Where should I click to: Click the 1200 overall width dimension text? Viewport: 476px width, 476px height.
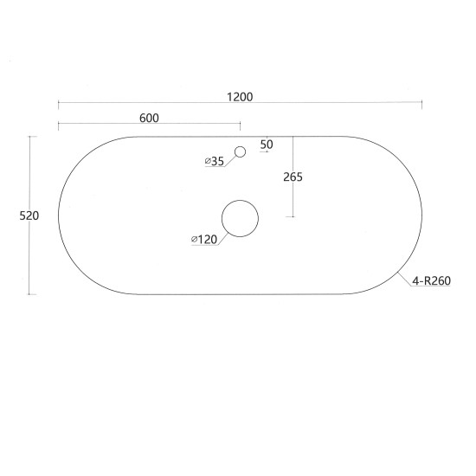(x=241, y=97)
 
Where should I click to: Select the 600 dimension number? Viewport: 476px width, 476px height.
(x=149, y=119)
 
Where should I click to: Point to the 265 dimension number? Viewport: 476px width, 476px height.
(x=293, y=177)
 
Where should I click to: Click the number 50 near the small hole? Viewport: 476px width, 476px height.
(x=266, y=144)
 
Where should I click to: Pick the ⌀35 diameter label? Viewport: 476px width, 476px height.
(x=214, y=161)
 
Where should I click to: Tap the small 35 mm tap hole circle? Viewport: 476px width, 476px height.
(x=241, y=152)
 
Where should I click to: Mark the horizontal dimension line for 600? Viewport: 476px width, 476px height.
(x=104, y=126)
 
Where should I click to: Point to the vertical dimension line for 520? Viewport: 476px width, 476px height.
(x=32, y=260)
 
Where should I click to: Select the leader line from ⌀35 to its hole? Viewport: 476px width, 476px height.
(x=231, y=158)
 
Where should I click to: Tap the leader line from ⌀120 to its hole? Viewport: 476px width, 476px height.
(x=222, y=235)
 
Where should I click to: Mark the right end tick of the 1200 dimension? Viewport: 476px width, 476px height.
(x=421, y=105)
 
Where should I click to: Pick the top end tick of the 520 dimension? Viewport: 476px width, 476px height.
(x=32, y=137)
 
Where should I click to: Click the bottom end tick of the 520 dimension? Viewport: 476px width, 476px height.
(x=32, y=294)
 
